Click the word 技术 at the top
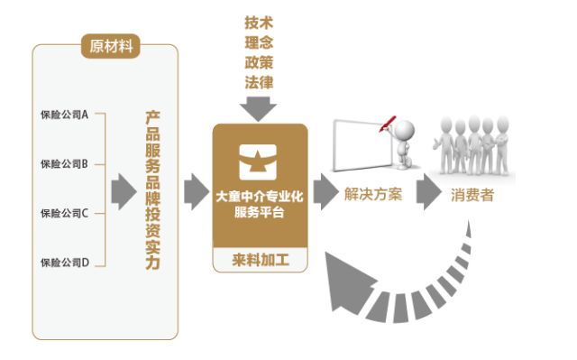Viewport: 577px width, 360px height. tap(259, 21)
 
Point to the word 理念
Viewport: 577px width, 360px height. tap(259, 42)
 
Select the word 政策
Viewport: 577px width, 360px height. tap(259, 62)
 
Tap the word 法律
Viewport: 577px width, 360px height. tap(259, 83)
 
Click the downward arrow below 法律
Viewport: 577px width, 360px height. tap(260, 108)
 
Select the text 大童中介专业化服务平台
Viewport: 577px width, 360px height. tap(260, 202)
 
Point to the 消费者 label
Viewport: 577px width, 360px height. tap(472, 194)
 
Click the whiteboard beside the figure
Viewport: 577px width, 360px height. tap(360, 145)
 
